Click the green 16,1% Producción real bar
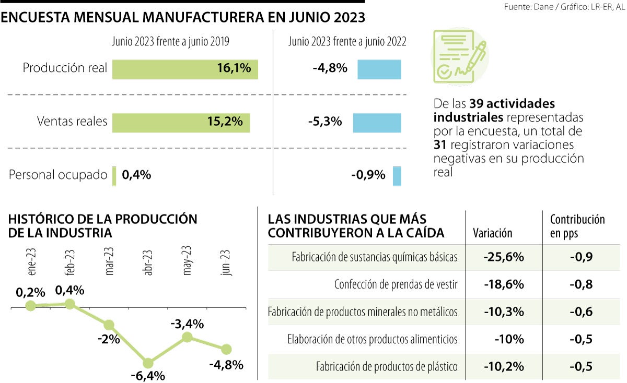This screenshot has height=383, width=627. [185, 68]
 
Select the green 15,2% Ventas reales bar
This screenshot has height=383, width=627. [181, 122]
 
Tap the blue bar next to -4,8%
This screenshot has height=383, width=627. [379, 69]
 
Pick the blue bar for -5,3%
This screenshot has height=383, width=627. [377, 122]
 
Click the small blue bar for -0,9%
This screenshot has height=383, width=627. [397, 176]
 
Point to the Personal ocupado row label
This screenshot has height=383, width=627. [57, 175]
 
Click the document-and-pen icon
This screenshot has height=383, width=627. [460, 56]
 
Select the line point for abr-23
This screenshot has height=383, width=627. [148, 363]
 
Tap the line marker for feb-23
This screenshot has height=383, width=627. [69, 304]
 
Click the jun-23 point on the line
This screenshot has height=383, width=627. [226, 349]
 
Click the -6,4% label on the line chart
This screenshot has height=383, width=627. [148, 376]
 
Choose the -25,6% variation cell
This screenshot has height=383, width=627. [503, 257]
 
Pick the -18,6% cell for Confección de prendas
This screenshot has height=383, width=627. [503, 284]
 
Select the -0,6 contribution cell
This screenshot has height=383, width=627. [580, 312]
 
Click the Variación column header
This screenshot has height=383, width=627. [493, 233]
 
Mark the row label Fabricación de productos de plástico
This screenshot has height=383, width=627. [387, 366]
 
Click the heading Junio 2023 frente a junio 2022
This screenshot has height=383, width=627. [347, 41]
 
